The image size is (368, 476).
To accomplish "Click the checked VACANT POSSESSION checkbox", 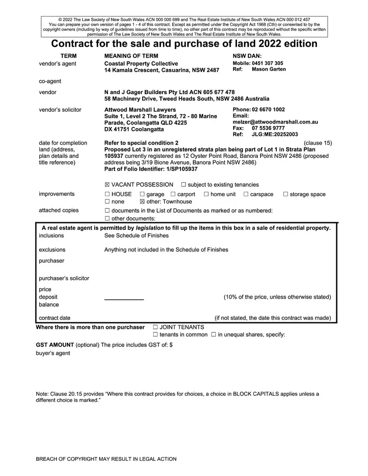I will [107, 185].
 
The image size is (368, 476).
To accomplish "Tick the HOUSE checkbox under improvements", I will [107, 194].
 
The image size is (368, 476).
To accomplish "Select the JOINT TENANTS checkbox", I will [156, 327].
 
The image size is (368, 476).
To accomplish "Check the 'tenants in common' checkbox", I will [156, 335].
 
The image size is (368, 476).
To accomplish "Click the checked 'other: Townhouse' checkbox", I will [143, 201].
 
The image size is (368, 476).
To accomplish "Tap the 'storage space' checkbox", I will [286, 194].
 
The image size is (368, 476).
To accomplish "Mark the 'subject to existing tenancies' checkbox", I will [184, 185].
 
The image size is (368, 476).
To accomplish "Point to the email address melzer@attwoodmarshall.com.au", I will [275, 122].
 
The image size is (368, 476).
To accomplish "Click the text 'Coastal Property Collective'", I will [141, 64].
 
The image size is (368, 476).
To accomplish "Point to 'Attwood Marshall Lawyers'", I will [140, 110].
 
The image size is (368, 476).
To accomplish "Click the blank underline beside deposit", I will [124, 299].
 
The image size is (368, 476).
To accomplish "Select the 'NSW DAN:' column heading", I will [247, 56].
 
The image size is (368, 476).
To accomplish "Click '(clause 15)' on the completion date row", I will [318, 143].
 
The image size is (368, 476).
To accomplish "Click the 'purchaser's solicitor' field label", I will [64, 278].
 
